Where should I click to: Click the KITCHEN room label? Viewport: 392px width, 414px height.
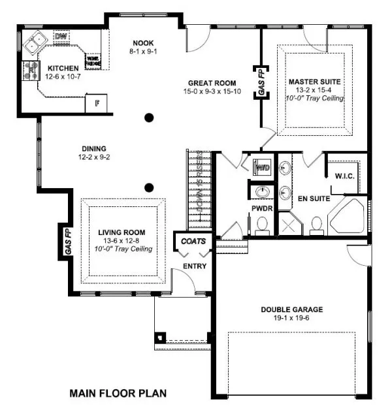63,68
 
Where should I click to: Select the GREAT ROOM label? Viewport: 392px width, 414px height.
213,83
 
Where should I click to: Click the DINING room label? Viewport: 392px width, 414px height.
94,148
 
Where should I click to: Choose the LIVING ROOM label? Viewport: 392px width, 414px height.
122,232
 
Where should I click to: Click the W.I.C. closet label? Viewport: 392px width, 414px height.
344,176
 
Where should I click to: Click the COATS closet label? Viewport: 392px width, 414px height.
193,241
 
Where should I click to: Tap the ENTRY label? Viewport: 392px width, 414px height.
195,266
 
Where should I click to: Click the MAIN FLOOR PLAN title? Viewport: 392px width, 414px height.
118,393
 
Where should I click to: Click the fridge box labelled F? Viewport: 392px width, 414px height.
97,103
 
